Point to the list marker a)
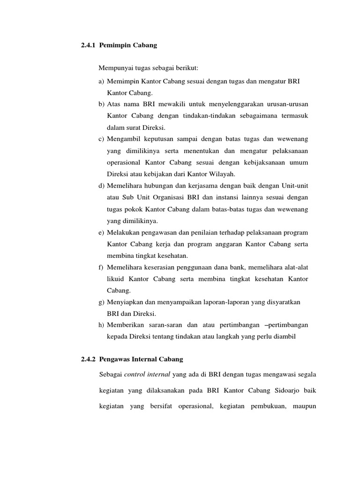point(102,82)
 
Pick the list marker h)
point(102,325)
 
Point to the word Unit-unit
point(294,186)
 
